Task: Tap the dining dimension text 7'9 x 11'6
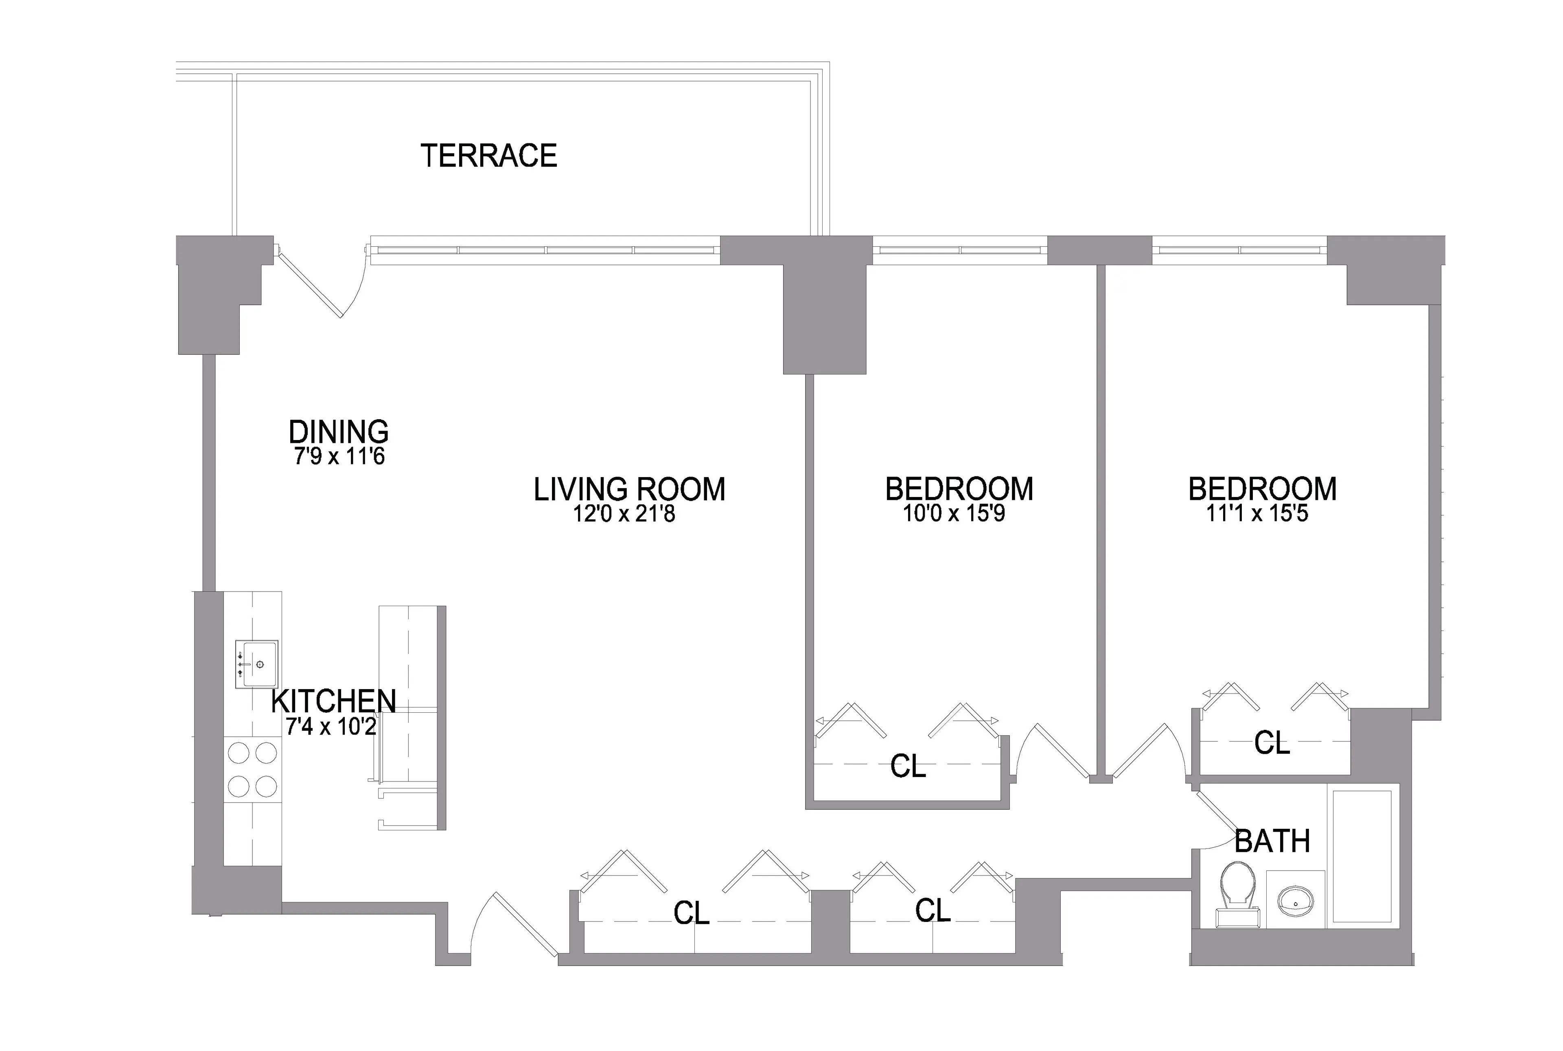[x=339, y=457]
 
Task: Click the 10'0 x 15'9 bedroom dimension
[x=954, y=514]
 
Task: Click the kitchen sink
[x=257, y=663]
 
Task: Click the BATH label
[x=1272, y=842]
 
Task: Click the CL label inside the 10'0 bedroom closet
[x=908, y=766]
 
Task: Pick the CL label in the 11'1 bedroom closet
[x=1272, y=743]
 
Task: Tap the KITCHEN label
[x=333, y=701]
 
